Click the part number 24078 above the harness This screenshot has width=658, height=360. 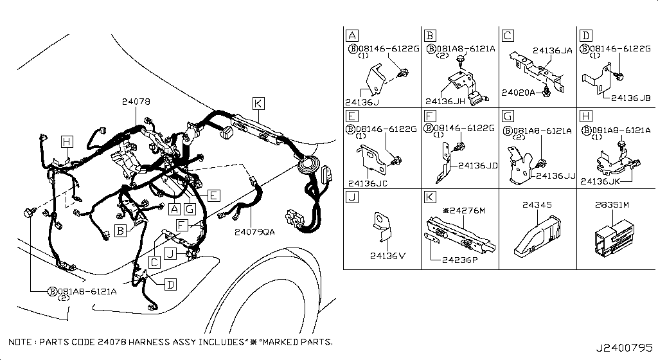tap(136, 102)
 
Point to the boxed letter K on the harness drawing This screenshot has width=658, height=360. tap(258, 104)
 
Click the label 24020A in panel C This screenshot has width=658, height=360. tap(518, 93)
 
